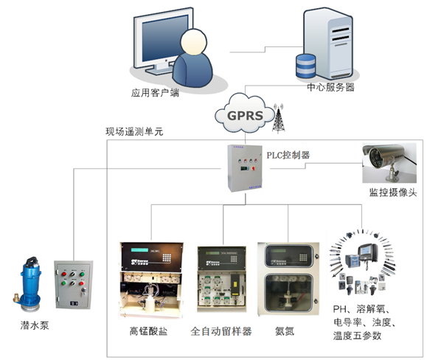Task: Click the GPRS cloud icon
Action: pos(244,115)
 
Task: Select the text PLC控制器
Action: pos(288,156)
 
